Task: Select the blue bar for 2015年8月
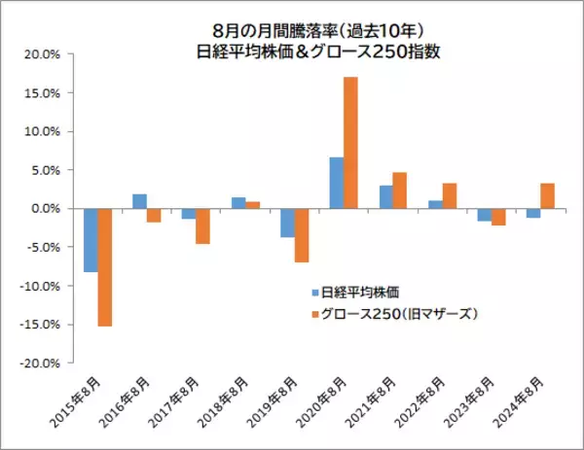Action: pos(91,240)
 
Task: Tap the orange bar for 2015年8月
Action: pos(104,267)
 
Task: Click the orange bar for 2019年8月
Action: pos(301,235)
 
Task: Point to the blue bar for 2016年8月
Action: pos(139,201)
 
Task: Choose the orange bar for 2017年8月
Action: pos(202,225)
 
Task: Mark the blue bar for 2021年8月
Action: pos(385,197)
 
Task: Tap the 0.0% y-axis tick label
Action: pos(47,209)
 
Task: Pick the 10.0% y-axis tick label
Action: pos(44,132)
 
